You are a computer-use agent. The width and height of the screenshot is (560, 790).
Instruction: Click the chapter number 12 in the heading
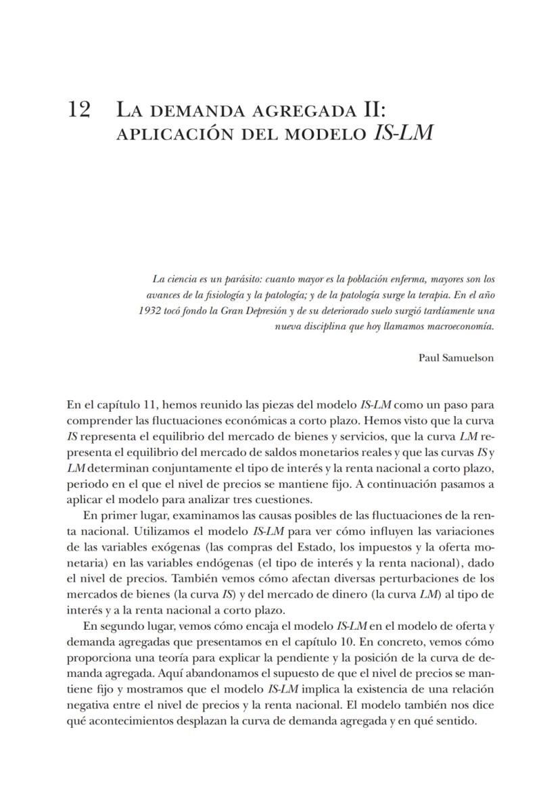pos(79,110)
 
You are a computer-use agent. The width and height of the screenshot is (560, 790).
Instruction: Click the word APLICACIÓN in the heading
pos(174,133)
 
